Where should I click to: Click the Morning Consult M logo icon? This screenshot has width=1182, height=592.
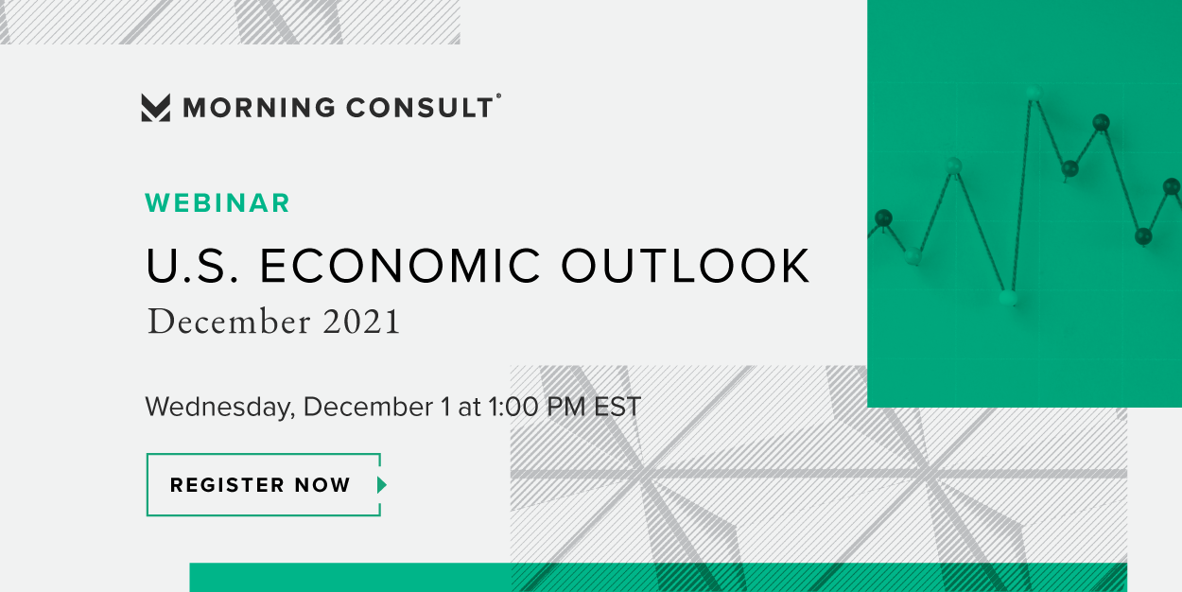[x=156, y=108]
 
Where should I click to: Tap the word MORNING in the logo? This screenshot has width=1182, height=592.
[x=258, y=108]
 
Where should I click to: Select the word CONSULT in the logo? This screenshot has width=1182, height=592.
[x=420, y=108]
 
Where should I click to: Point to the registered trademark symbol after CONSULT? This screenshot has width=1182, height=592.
[x=498, y=96]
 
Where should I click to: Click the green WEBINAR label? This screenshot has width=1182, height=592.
[x=217, y=203]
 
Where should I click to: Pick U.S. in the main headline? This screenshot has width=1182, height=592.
[x=192, y=266]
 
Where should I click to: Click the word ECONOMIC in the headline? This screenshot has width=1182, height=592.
[x=401, y=266]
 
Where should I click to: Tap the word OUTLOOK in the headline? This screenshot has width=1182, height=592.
[x=685, y=266]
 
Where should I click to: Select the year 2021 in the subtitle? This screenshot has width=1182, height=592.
[x=361, y=322]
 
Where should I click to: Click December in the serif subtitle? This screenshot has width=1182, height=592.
[x=229, y=322]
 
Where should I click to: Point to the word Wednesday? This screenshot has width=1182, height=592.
[x=219, y=408]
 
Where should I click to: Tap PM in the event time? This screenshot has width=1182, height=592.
[x=566, y=407]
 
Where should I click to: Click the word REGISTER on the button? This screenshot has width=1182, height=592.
[x=228, y=485]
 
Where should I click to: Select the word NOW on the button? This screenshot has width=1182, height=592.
[x=322, y=485]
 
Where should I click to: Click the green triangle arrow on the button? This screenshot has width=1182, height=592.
[x=382, y=485]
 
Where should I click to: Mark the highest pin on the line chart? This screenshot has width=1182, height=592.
[x=1034, y=94]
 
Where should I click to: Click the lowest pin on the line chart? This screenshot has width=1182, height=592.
[x=1008, y=298]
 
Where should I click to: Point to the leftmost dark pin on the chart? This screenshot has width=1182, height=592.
[x=883, y=218]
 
